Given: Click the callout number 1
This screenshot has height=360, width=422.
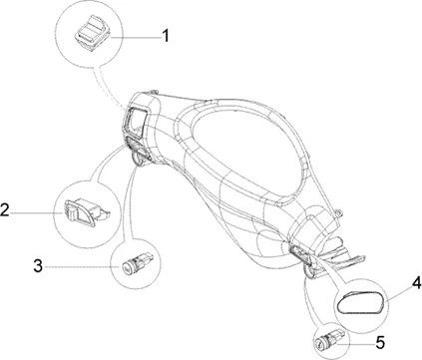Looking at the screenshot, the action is tap(166, 36).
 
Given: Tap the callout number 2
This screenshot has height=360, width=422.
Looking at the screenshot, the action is tap(5, 209).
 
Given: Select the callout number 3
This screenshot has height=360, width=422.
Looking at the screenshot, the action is tap(38, 266).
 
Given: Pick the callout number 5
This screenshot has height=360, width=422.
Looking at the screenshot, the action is tap(380, 342).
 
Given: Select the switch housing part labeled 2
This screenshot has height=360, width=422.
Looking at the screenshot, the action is tap(87, 213).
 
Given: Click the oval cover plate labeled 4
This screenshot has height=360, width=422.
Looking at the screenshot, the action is tap(360, 302).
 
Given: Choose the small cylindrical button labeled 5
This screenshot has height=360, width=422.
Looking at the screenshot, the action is tap(328, 339).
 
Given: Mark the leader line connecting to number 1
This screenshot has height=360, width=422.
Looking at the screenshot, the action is tap(137, 38).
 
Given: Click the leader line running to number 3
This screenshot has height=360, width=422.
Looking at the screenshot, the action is tap(82, 266).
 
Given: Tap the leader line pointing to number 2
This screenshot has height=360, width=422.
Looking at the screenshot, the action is tap(37, 211).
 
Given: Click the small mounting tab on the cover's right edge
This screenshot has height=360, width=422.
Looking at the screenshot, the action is tap(339, 212).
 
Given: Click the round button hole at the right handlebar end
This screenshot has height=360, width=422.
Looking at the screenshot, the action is tap(309, 271).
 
